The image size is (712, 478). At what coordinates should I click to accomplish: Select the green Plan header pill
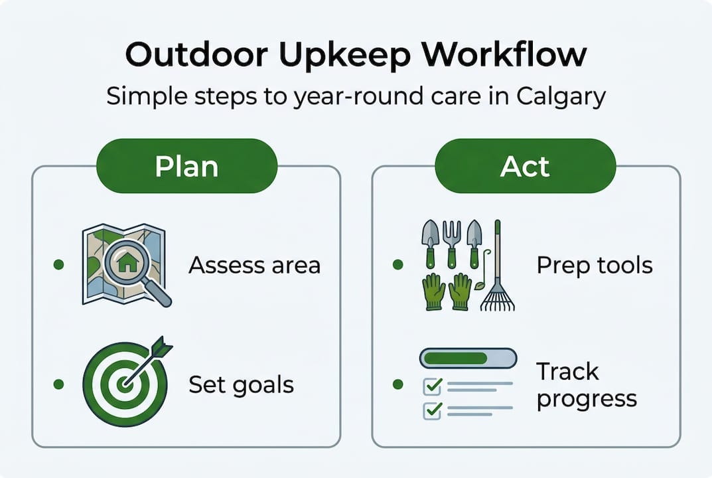[x=186, y=166]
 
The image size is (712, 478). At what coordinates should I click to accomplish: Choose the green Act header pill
[x=525, y=166]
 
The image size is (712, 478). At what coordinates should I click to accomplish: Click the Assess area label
[x=254, y=265]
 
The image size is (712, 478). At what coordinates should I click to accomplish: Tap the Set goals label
[x=241, y=384]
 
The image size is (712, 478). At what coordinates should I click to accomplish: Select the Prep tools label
[x=595, y=266]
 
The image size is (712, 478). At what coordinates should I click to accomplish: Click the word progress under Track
[x=587, y=399]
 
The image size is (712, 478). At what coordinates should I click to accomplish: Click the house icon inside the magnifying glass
[x=125, y=262]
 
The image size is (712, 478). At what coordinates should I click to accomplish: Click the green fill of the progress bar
[x=455, y=358]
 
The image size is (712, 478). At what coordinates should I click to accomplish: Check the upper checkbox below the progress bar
[x=433, y=385]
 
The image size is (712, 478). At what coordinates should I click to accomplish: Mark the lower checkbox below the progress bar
[x=433, y=410]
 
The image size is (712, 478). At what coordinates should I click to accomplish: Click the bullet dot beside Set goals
[x=58, y=384]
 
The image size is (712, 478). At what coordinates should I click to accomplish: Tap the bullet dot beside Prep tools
[x=397, y=265]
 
